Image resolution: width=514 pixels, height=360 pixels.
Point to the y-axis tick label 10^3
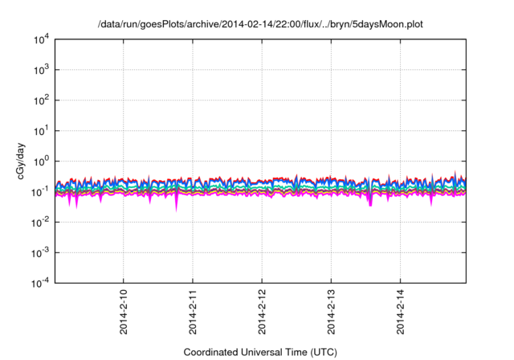coord(41,70)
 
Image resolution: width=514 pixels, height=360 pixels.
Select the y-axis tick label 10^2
coord(41,100)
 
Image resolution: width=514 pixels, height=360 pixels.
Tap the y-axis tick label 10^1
coord(41,130)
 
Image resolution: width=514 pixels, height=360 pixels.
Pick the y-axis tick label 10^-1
coord(40,191)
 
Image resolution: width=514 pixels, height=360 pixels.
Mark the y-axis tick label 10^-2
coord(40,222)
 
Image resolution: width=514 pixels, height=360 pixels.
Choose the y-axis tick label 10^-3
coord(40,252)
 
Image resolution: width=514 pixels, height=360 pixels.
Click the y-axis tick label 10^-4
coord(40,283)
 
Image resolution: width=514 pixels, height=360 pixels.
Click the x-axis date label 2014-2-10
coord(123,310)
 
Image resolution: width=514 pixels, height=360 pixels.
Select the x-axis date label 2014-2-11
coord(193,310)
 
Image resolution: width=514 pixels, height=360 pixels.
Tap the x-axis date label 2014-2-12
coord(262,310)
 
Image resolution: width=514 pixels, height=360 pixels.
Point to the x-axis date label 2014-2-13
coord(332,310)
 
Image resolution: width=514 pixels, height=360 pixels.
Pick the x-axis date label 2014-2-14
coord(402,310)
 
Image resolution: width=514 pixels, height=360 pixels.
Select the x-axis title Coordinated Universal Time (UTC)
coord(259,352)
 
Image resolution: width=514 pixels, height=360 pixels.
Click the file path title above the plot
coord(259,25)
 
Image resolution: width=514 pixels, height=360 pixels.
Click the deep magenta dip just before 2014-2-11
coord(177,202)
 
